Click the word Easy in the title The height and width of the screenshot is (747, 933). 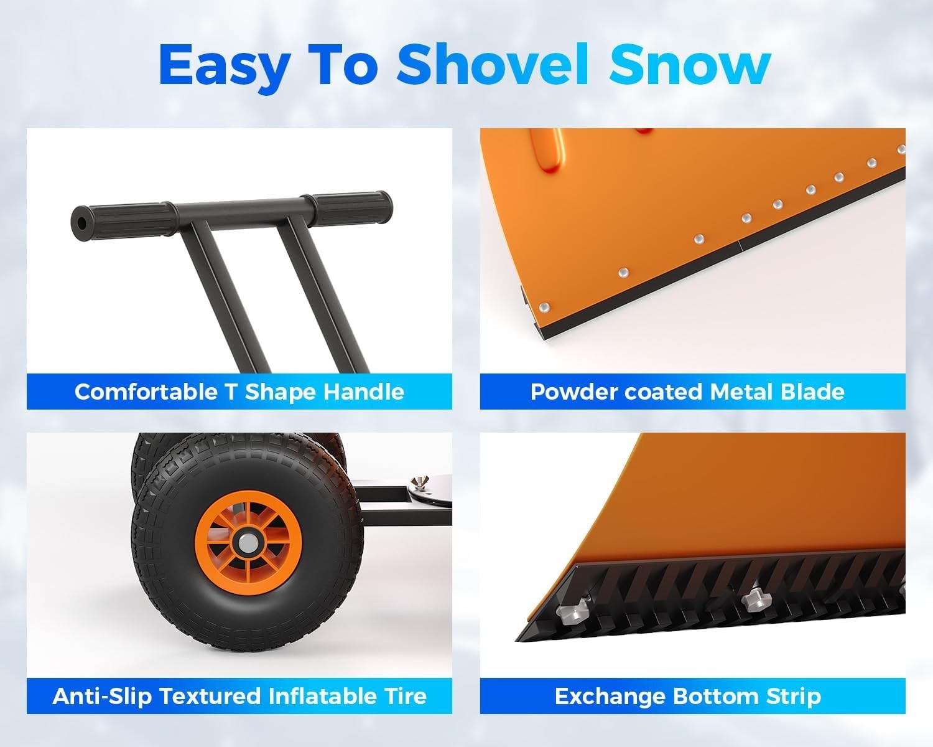(225, 64)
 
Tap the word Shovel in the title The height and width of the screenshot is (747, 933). (493, 64)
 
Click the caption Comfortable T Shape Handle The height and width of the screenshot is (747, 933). (239, 392)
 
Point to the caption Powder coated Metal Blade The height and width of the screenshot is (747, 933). (687, 392)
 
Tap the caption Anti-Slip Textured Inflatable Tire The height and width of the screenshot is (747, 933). (239, 696)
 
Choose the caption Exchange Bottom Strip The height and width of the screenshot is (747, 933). (687, 696)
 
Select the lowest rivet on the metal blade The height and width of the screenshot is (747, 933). (545, 307)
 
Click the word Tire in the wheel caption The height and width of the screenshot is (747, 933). (404, 696)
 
